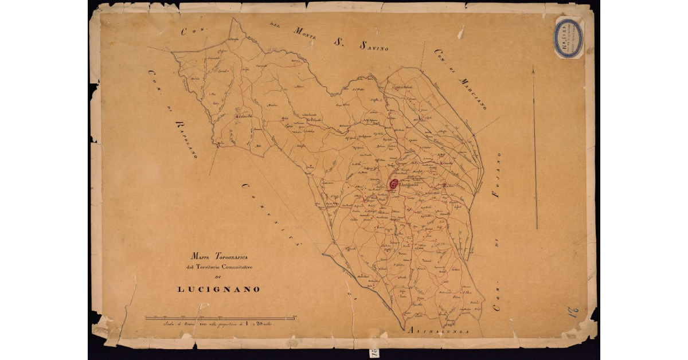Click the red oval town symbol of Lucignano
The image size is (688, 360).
pyautogui.click(x=394, y=184)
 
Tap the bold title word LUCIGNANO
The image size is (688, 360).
pyautogui.click(x=218, y=289)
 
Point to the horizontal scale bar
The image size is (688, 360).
pyautogui.click(x=221, y=318)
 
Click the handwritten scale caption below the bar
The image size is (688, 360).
pyautogui.click(x=221, y=325)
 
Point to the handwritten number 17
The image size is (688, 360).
pyautogui.click(x=573, y=313)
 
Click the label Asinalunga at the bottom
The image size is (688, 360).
pyautogui.click(x=439, y=331)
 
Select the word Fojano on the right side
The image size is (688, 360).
pyautogui.click(x=497, y=175)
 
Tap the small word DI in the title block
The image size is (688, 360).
pyautogui.click(x=218, y=278)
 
